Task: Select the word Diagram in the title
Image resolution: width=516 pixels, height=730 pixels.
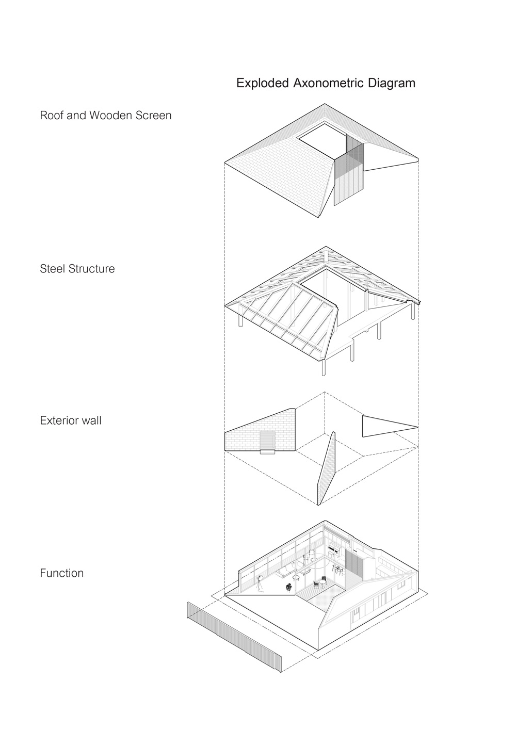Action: pyautogui.click(x=392, y=84)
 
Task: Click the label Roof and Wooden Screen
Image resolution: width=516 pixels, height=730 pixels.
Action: pyautogui.click(x=105, y=116)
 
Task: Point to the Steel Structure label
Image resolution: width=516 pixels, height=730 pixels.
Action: pyautogui.click(x=77, y=269)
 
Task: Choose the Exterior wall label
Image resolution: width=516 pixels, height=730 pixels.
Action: pyautogui.click(x=70, y=420)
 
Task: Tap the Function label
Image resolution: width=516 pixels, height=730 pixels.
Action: pyautogui.click(x=61, y=573)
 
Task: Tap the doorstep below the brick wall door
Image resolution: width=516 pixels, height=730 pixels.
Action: pyautogui.click(x=267, y=452)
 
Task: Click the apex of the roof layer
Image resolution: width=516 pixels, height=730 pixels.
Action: pyautogui.click(x=325, y=105)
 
